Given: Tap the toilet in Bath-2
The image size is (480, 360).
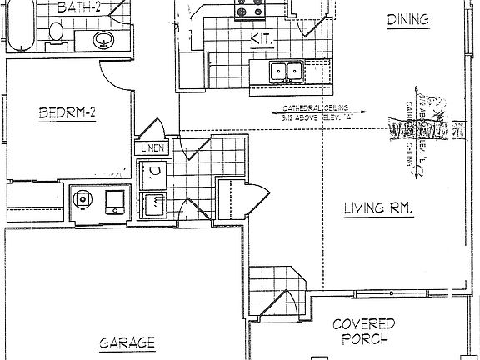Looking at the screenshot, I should pos(55,32).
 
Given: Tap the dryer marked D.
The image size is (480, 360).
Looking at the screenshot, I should pos(155,174).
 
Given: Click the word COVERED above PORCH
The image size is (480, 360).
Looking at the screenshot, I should pos(363,322).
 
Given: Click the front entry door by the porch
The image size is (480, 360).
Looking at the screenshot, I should pos(292,308).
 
